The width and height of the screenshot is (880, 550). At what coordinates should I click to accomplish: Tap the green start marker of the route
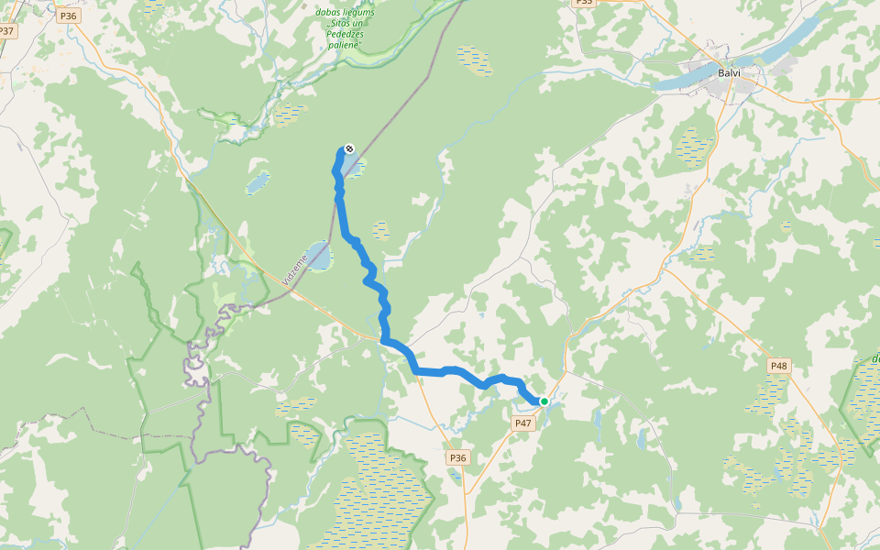point(544,401)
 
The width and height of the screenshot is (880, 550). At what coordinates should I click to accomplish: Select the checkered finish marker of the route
point(349,149)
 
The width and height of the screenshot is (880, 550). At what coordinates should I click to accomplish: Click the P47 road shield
point(522,423)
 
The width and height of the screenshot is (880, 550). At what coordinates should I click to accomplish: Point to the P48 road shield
point(778,366)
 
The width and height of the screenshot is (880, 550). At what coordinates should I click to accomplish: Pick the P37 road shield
point(7,31)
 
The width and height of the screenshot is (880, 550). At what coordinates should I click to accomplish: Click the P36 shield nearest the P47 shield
point(457,457)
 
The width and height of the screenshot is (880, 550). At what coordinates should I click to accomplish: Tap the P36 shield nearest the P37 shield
point(67,16)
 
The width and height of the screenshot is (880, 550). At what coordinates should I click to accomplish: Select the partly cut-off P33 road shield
point(583,3)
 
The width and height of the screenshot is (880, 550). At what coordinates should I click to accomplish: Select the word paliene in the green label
point(346,44)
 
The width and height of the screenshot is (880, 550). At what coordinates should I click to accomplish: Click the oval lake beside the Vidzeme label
point(317,256)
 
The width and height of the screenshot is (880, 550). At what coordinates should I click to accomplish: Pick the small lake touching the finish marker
point(356,167)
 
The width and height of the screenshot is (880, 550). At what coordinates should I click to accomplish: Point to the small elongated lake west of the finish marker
point(258,182)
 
